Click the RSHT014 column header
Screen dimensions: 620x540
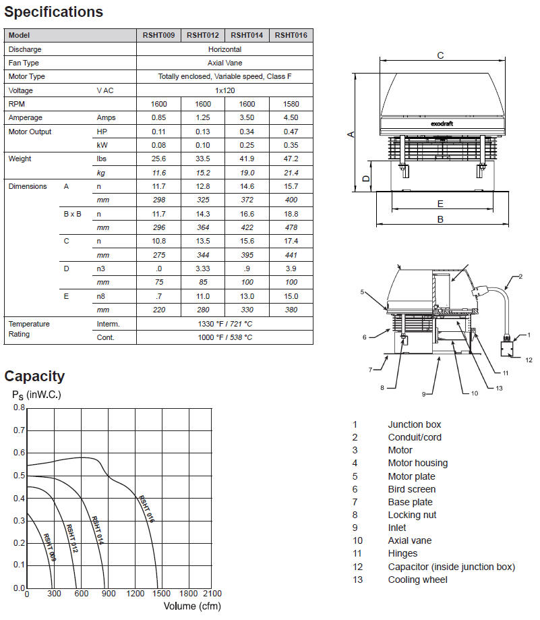247,35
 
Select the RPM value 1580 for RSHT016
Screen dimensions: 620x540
291,104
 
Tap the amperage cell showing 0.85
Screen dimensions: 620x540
158,117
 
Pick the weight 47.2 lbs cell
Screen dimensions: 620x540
291,159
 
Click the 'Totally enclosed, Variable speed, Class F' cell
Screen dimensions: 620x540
224,76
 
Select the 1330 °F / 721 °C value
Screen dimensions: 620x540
224,324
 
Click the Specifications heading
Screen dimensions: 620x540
54,12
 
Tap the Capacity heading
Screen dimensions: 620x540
34,376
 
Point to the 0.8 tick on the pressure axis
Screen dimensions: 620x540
19,407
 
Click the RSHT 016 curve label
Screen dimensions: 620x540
146,510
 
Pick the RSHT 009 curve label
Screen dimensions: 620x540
49,547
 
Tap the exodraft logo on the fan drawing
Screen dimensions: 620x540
440,123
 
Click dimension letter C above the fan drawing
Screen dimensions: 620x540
440,55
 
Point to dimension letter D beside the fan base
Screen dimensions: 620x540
365,179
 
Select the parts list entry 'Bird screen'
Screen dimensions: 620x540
411,489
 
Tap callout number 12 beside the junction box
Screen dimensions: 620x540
529,360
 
